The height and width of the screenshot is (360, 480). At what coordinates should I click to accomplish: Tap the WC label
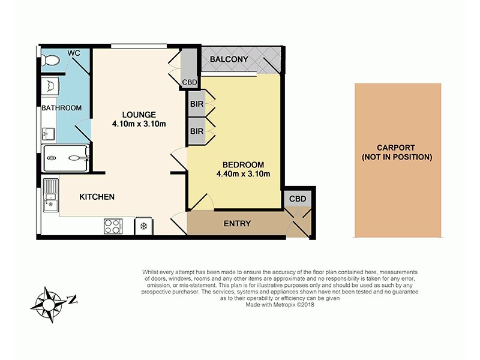click(74, 53)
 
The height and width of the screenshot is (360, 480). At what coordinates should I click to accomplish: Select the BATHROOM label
click(61, 108)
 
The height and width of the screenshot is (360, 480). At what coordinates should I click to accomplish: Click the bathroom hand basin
click(49, 132)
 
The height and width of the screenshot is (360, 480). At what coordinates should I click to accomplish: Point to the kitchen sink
click(50, 196)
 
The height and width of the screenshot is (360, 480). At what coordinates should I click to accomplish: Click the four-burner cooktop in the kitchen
click(112, 226)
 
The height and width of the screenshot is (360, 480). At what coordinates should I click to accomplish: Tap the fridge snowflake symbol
click(143, 226)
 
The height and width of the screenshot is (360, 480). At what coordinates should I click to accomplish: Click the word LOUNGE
click(139, 115)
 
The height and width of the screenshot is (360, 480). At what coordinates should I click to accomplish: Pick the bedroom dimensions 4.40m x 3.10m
click(243, 175)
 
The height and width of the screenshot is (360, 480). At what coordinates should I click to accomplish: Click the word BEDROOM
click(243, 165)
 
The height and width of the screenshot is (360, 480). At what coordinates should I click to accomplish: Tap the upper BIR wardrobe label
click(196, 104)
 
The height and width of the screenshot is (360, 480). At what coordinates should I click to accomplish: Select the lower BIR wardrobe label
click(196, 131)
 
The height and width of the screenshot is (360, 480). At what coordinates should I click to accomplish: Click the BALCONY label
click(229, 59)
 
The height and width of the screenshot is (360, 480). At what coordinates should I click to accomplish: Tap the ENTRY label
click(237, 224)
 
